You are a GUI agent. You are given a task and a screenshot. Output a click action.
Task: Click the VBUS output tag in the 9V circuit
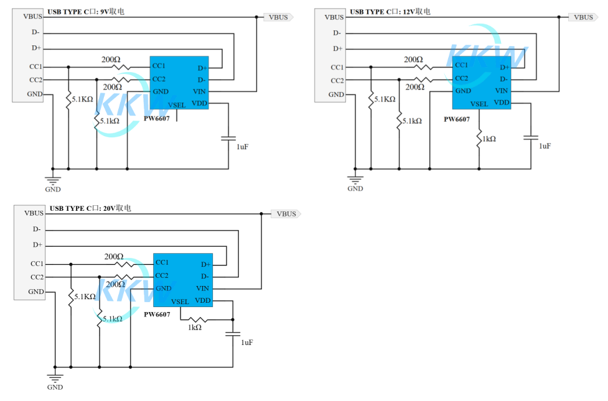(278, 17)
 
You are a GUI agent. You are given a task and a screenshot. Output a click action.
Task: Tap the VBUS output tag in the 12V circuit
(583, 17)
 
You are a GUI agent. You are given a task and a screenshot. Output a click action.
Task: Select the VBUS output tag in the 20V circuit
(286, 214)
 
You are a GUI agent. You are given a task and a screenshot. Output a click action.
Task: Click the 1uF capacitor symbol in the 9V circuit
(228, 138)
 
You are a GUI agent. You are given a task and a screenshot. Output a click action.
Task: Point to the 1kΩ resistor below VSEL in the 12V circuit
(479, 139)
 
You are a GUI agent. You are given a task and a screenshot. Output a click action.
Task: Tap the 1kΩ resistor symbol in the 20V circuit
(198, 320)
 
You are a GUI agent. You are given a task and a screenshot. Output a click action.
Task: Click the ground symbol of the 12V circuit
(355, 180)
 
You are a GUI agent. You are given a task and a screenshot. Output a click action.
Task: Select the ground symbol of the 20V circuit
(55, 378)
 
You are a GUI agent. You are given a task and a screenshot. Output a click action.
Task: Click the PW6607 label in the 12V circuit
(456, 119)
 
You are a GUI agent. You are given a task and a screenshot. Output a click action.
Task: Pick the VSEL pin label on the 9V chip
(177, 105)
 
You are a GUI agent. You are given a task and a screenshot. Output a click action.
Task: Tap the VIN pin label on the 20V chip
(202, 288)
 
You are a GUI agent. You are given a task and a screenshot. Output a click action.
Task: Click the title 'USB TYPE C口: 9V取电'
(86, 12)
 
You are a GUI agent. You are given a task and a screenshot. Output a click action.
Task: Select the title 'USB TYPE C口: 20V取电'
(90, 208)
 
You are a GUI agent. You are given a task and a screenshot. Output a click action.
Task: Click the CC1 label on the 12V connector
(337, 67)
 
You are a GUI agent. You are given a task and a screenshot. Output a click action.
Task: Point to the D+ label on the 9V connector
(37, 48)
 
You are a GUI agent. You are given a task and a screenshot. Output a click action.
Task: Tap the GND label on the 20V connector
(36, 292)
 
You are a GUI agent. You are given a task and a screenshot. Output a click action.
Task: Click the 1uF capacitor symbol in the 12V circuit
(531, 137)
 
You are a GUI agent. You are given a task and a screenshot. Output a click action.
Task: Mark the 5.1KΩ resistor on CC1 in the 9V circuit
(68, 99)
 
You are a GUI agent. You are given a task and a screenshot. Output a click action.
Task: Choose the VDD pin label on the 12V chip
(502, 103)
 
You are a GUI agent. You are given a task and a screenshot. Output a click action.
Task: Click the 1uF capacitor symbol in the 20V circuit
(233, 334)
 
